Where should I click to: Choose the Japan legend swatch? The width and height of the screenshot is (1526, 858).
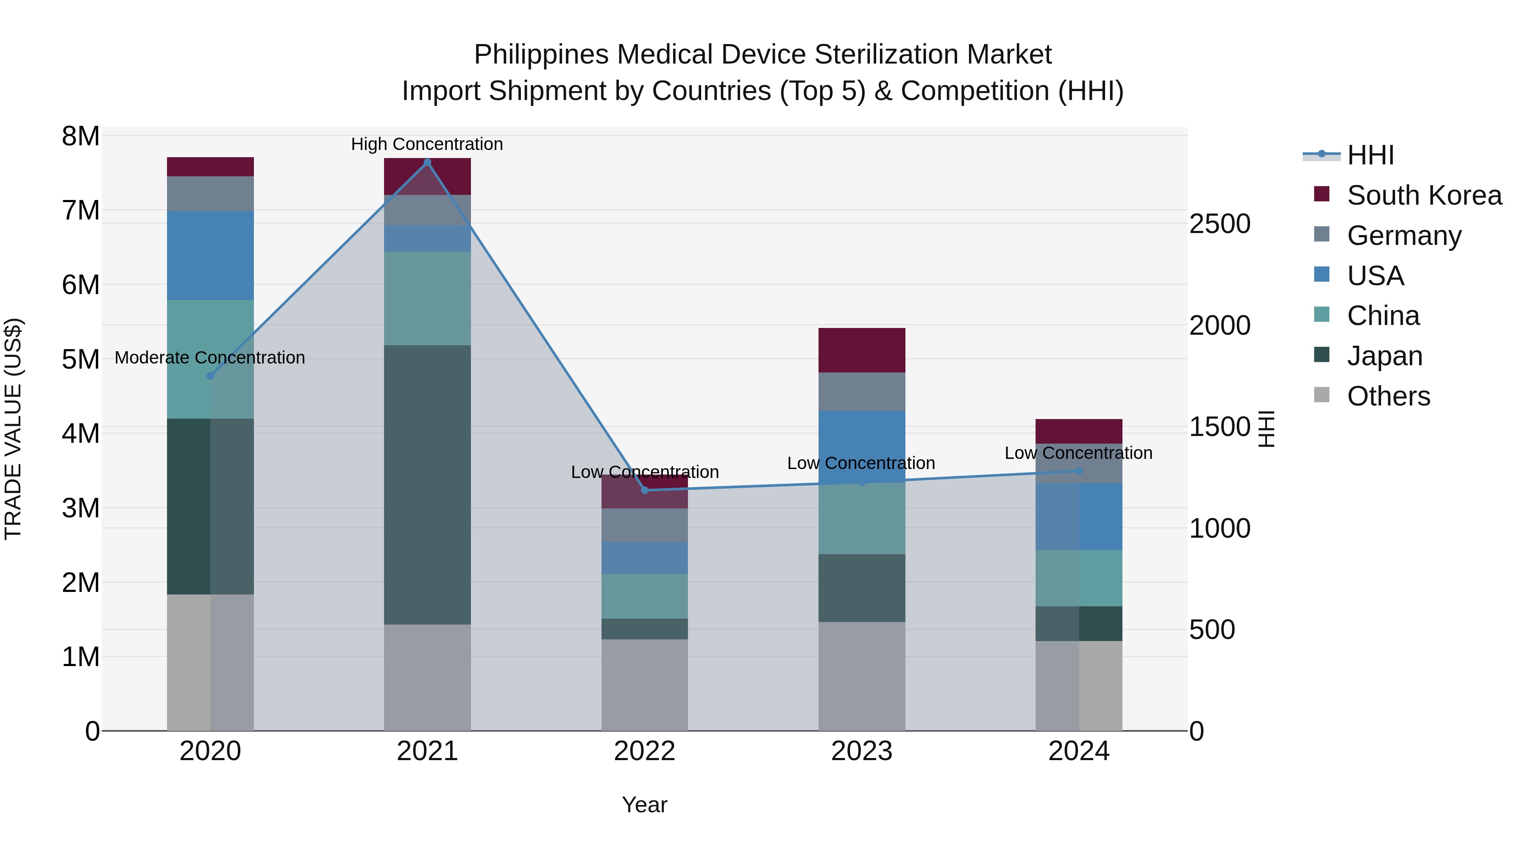[1322, 355]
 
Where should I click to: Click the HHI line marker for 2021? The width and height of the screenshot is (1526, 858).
[427, 162]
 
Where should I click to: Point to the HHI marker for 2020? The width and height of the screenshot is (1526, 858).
[210, 376]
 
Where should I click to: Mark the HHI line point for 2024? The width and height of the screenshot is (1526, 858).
[1079, 471]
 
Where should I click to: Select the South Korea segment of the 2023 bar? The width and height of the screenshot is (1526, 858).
[861, 350]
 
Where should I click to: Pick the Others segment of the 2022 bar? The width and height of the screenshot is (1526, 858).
[644, 685]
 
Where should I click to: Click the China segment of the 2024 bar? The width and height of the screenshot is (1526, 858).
[1079, 578]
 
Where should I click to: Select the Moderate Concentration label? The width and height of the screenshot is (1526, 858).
[210, 358]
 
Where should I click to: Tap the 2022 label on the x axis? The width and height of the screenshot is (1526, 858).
[644, 751]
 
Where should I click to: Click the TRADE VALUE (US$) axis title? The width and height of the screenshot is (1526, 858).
[13, 429]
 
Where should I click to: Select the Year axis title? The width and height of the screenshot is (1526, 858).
[644, 805]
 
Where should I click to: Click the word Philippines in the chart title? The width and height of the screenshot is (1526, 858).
[541, 55]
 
